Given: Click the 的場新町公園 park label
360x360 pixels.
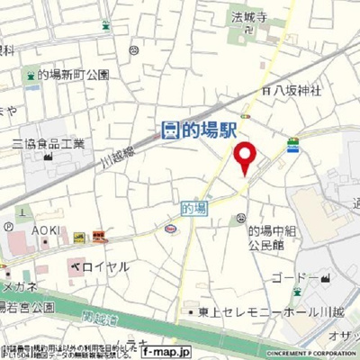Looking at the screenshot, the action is click(74, 75).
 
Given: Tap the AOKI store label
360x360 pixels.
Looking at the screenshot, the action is click(46, 230).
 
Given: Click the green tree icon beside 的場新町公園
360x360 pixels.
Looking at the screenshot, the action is click(31, 75).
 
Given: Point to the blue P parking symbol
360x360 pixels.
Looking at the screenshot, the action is click(8, 227).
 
